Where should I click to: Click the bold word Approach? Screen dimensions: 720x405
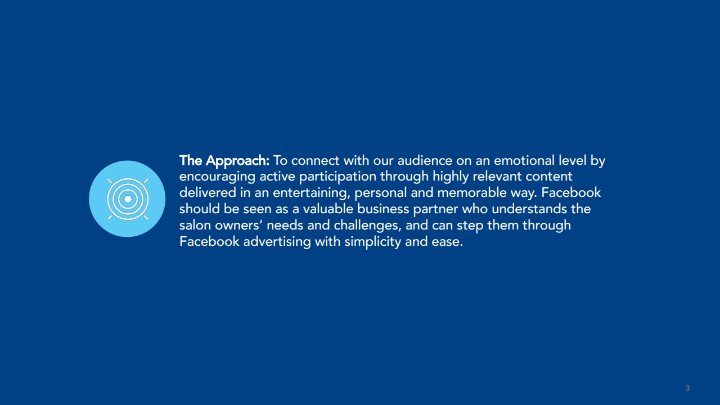click(x=237, y=161)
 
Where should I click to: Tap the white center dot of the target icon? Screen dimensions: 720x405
click(x=128, y=199)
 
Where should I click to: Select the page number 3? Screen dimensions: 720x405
click(x=687, y=388)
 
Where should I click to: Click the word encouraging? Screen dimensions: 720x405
click(x=217, y=177)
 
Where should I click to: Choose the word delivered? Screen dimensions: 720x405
click(x=208, y=192)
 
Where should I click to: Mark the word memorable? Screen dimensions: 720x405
click(x=472, y=192)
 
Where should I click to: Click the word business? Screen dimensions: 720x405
click(x=383, y=209)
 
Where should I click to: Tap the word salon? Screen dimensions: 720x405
click(x=195, y=225)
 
